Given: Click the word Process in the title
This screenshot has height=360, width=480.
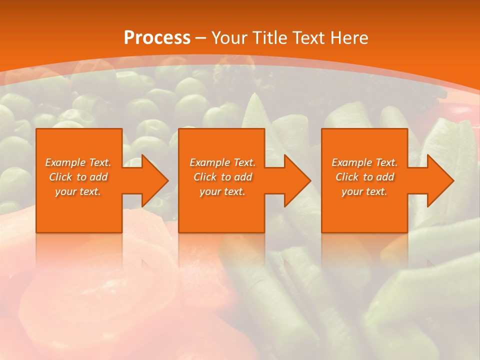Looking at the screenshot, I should (157, 38).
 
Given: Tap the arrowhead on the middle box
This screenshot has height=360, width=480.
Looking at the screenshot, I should (296, 180).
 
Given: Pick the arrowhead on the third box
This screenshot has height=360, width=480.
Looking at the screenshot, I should (439, 180).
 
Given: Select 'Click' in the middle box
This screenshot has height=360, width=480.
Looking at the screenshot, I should (205, 177).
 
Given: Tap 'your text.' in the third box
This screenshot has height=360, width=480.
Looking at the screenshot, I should (364, 191).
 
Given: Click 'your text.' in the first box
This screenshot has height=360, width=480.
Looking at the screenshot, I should (78, 191).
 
